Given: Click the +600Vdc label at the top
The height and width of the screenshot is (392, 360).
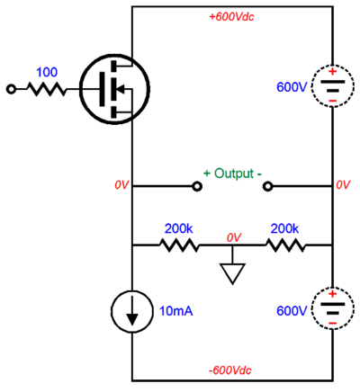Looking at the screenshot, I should point(232,16).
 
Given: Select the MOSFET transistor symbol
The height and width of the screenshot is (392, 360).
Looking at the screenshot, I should point(113,88).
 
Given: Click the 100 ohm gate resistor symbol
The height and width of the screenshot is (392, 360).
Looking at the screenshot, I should point(46,89).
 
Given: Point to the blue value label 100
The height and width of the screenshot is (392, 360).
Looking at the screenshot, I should point(46,70).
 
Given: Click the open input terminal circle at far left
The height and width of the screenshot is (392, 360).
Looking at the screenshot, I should point(12,89).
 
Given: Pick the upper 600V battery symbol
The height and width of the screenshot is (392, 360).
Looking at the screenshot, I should point(332,88).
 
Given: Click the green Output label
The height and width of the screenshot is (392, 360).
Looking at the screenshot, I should point(232,173).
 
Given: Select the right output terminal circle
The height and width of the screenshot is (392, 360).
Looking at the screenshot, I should point(267,187).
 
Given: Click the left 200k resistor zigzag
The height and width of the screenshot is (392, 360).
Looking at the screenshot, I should point(180,244).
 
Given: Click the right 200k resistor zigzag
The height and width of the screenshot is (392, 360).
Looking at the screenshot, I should point(284,244).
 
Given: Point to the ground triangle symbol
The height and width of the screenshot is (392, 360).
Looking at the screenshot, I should point(232,273).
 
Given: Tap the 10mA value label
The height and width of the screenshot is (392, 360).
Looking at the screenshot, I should point(176,310).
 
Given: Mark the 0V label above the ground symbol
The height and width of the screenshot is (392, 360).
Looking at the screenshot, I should point(233,236).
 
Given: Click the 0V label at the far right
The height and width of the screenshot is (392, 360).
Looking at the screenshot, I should point(343,184).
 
